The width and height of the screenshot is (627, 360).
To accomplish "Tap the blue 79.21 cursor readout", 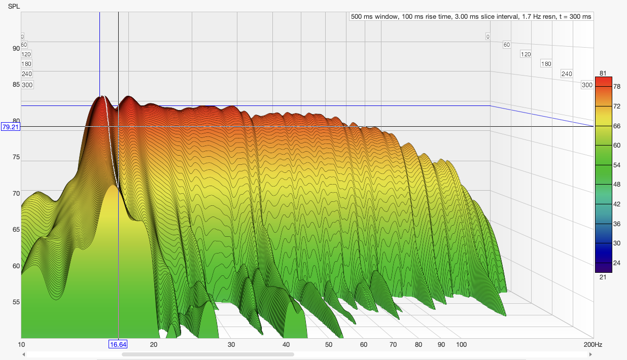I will pyautogui.click(x=11, y=127).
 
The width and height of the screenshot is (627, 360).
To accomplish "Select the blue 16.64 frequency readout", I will pyautogui.click(x=118, y=345).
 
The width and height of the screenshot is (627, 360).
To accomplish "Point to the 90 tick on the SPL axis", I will pyautogui.click(x=16, y=49).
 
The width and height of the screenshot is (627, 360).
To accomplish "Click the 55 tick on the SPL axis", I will pyautogui.click(x=16, y=302).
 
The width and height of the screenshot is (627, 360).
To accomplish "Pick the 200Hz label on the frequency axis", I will pyautogui.click(x=595, y=345).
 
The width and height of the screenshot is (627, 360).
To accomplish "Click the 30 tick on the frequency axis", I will pyautogui.click(x=231, y=345).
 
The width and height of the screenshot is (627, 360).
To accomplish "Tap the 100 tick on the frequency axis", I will pyautogui.click(x=462, y=345).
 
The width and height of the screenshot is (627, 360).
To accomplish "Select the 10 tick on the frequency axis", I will pyautogui.click(x=21, y=345).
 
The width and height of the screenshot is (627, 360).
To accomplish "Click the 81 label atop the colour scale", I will pyautogui.click(x=603, y=73).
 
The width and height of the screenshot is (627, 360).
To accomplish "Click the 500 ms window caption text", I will pyautogui.click(x=471, y=17).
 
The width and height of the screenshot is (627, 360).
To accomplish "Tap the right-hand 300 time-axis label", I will pyautogui.click(x=587, y=85).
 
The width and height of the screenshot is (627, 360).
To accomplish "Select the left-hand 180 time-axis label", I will pyautogui.click(x=26, y=64).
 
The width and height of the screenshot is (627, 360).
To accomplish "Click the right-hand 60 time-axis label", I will pyautogui.click(x=506, y=45).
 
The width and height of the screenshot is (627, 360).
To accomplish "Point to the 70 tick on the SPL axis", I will pyautogui.click(x=16, y=194).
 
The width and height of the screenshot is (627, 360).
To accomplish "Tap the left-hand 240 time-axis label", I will pyautogui.click(x=26, y=74).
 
